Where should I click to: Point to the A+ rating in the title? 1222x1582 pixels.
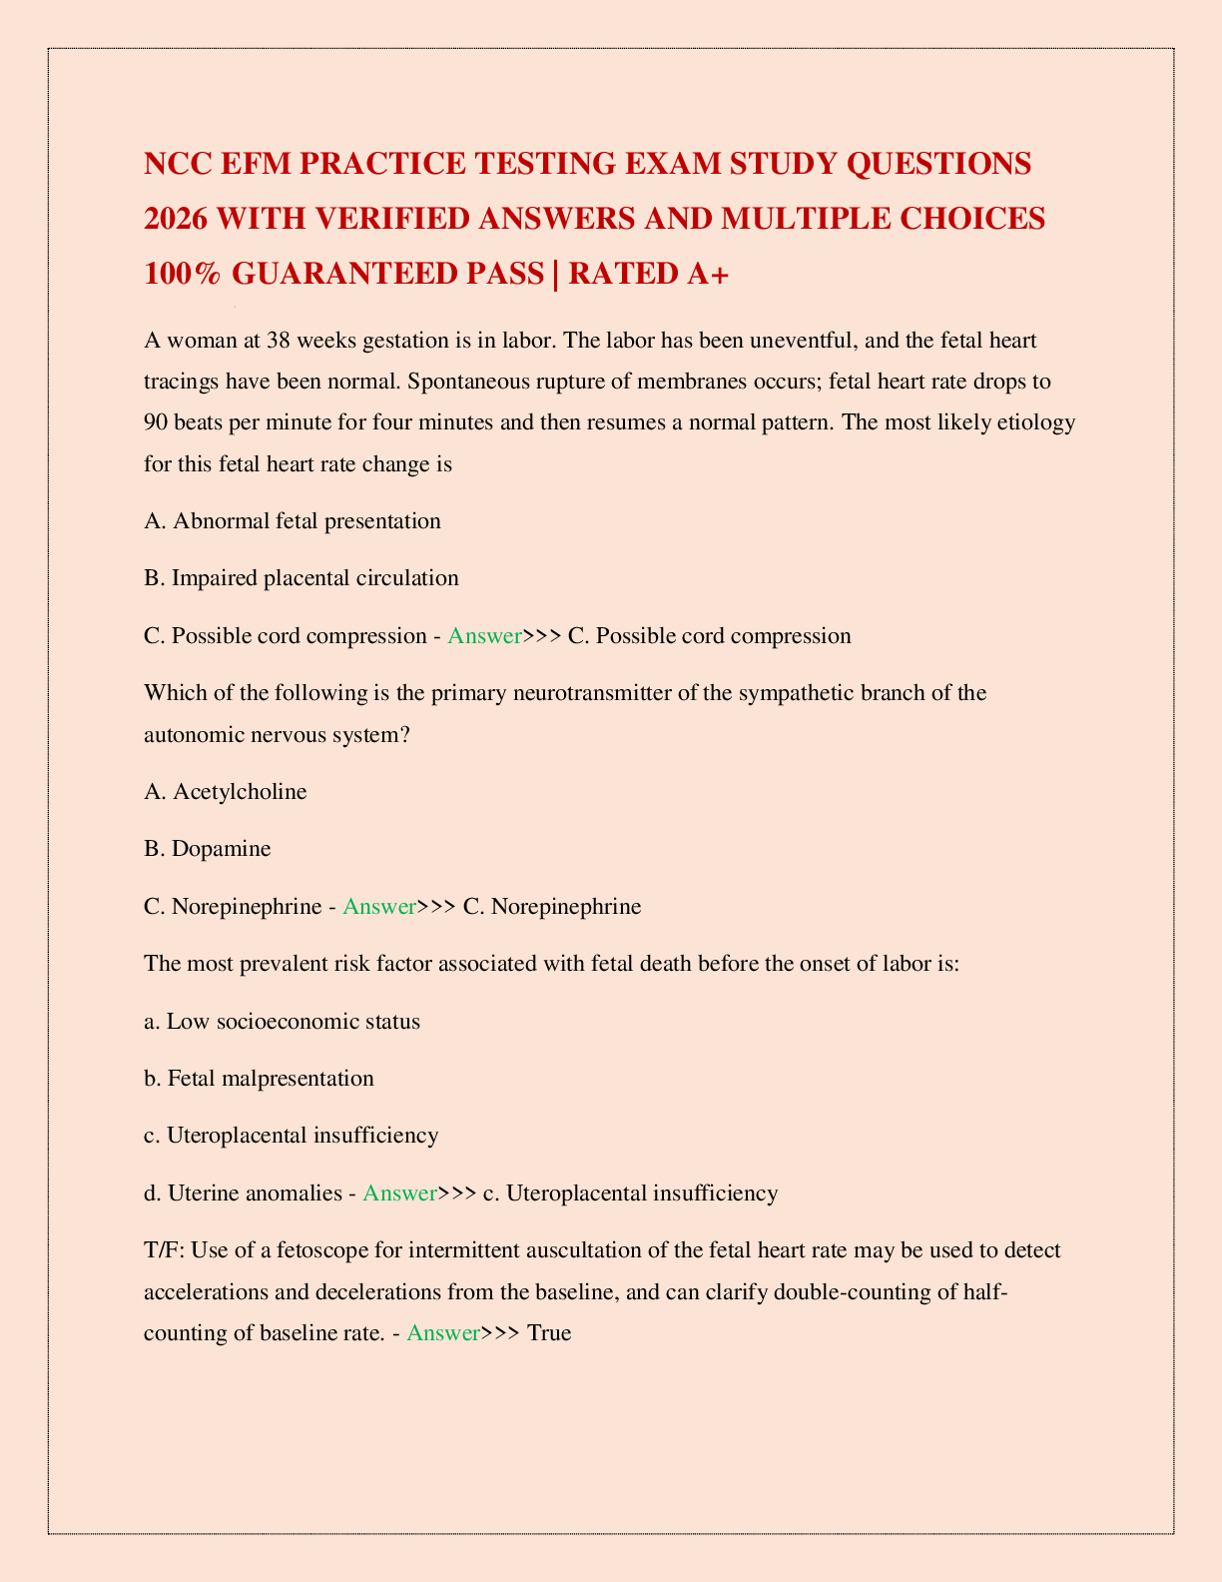706,273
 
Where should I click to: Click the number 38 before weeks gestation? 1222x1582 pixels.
281,341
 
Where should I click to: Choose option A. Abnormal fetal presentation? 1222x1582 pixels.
293,520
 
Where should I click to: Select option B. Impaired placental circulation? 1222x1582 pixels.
302,577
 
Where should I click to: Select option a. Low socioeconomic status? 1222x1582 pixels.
283,1022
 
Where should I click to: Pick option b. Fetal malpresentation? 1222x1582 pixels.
260,1079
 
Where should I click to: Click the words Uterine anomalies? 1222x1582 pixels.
255,1192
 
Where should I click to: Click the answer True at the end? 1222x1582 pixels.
549,1332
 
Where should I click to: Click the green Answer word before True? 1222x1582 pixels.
443,1332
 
